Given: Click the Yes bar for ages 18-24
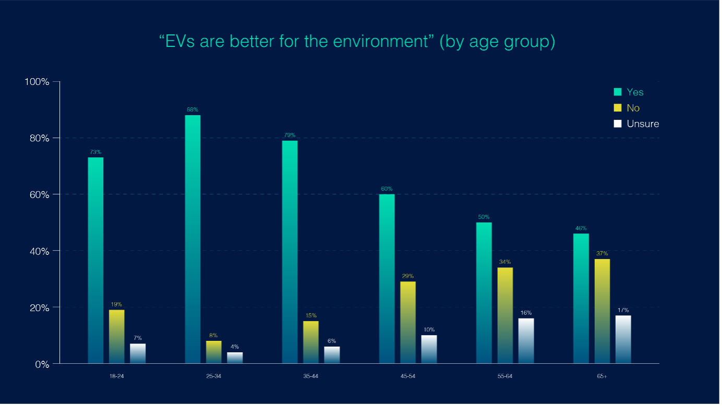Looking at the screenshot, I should coord(95,260).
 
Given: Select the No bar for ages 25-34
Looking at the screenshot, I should coord(214,352).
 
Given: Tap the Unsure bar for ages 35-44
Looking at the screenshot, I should coord(332,355).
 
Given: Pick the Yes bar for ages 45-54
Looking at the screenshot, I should coord(387,278).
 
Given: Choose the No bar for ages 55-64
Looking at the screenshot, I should coord(505,315).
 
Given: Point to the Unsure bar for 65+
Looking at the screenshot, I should coord(623,339).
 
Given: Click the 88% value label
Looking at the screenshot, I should coord(192,109).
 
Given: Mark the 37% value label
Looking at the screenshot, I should coord(602,253).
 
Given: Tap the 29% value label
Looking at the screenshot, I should coord(408,276).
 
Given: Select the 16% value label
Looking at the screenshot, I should coord(526,313).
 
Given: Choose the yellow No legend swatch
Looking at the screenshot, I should coord(618,108).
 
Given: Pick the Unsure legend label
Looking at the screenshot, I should coord(643,124).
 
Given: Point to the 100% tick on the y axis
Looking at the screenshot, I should coord(37,82).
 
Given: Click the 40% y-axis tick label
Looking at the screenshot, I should coord(39,251).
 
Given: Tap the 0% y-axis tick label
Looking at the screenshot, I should coord(42,364).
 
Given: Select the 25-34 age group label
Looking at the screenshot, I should coord(214,376).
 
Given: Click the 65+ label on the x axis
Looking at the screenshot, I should coord(602,376).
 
